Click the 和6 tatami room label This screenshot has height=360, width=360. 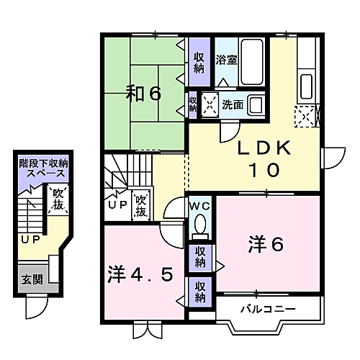[143, 93]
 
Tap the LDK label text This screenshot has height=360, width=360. [264, 148]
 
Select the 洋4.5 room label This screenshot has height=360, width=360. [140, 274]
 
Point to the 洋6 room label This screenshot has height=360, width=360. [266, 244]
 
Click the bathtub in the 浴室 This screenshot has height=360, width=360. [252, 62]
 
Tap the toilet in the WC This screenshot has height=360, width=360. [200, 226]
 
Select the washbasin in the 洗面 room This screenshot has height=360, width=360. [256, 104]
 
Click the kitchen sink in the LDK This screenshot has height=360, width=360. [306, 86]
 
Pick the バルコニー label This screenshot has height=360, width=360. [268, 309]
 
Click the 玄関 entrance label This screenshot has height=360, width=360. [32, 279]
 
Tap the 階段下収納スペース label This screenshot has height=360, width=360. [44, 168]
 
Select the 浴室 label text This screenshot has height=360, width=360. [226, 60]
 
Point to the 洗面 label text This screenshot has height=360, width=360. [233, 104]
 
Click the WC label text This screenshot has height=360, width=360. [200, 206]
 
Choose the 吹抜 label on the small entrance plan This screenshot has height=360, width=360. [58, 199]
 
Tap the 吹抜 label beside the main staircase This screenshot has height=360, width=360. [141, 206]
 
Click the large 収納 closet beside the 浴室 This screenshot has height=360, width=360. [199, 62]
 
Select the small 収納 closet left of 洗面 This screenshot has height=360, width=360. [192, 104]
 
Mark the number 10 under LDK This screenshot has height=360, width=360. [264, 170]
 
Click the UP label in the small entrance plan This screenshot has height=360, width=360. [30, 239]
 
